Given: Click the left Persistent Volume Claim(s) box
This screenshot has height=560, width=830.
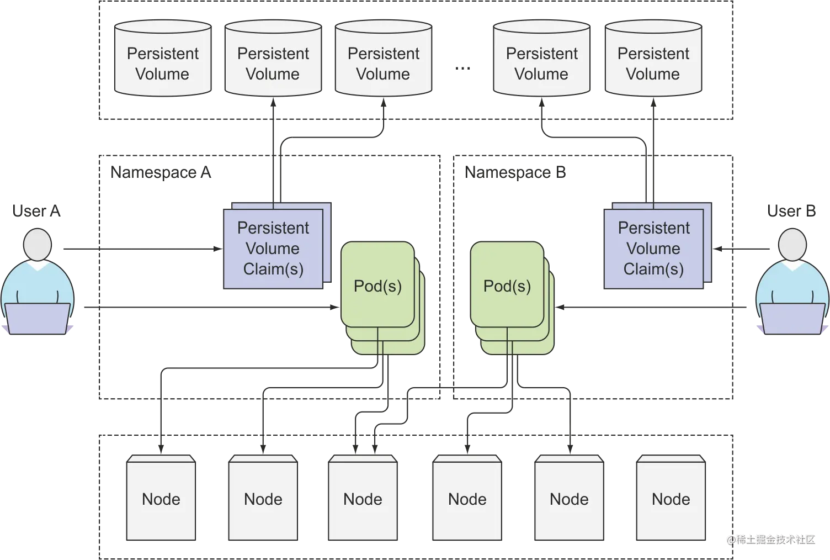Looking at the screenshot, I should [273, 249].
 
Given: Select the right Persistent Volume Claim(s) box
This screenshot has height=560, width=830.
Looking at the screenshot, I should [654, 249].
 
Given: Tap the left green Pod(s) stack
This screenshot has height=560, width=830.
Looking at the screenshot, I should [378, 286].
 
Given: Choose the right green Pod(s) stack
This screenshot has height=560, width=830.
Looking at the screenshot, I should [507, 286].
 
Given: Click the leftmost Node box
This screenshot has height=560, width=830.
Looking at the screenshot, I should [161, 499].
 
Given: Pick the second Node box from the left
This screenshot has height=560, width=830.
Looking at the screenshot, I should [263, 499].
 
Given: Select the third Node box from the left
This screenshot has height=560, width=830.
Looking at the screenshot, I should [363, 499].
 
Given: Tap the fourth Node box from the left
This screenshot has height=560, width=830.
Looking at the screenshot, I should [467, 499].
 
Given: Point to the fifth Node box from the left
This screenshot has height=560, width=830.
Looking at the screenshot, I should [569, 499].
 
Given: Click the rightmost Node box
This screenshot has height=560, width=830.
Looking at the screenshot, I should [671, 499].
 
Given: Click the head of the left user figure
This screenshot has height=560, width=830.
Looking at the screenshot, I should [38, 245].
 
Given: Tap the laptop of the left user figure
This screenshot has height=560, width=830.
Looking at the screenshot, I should [38, 319].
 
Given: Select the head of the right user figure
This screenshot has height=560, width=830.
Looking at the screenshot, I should [792, 245].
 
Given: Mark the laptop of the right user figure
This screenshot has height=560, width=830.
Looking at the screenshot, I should [792, 319].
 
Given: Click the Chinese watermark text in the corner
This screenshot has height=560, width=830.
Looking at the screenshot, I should [770, 538].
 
